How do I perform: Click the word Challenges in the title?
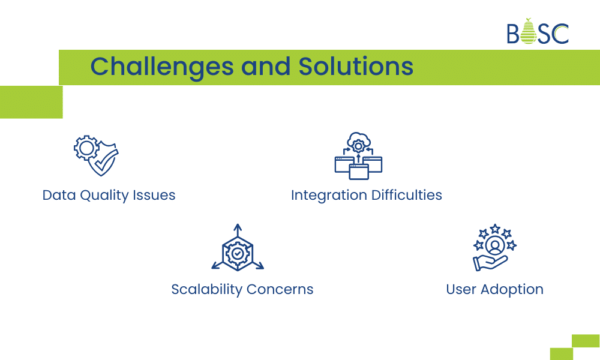tap(161, 67)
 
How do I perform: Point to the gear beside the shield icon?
tap(85, 147)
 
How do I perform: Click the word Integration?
tap(329, 196)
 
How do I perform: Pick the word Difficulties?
tap(406, 196)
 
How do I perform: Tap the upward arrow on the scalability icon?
tap(238, 230)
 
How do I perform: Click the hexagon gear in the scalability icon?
tap(238, 254)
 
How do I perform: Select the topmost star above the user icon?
tap(495, 229)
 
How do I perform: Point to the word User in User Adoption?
tap(461, 289)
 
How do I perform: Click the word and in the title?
tap(265, 67)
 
